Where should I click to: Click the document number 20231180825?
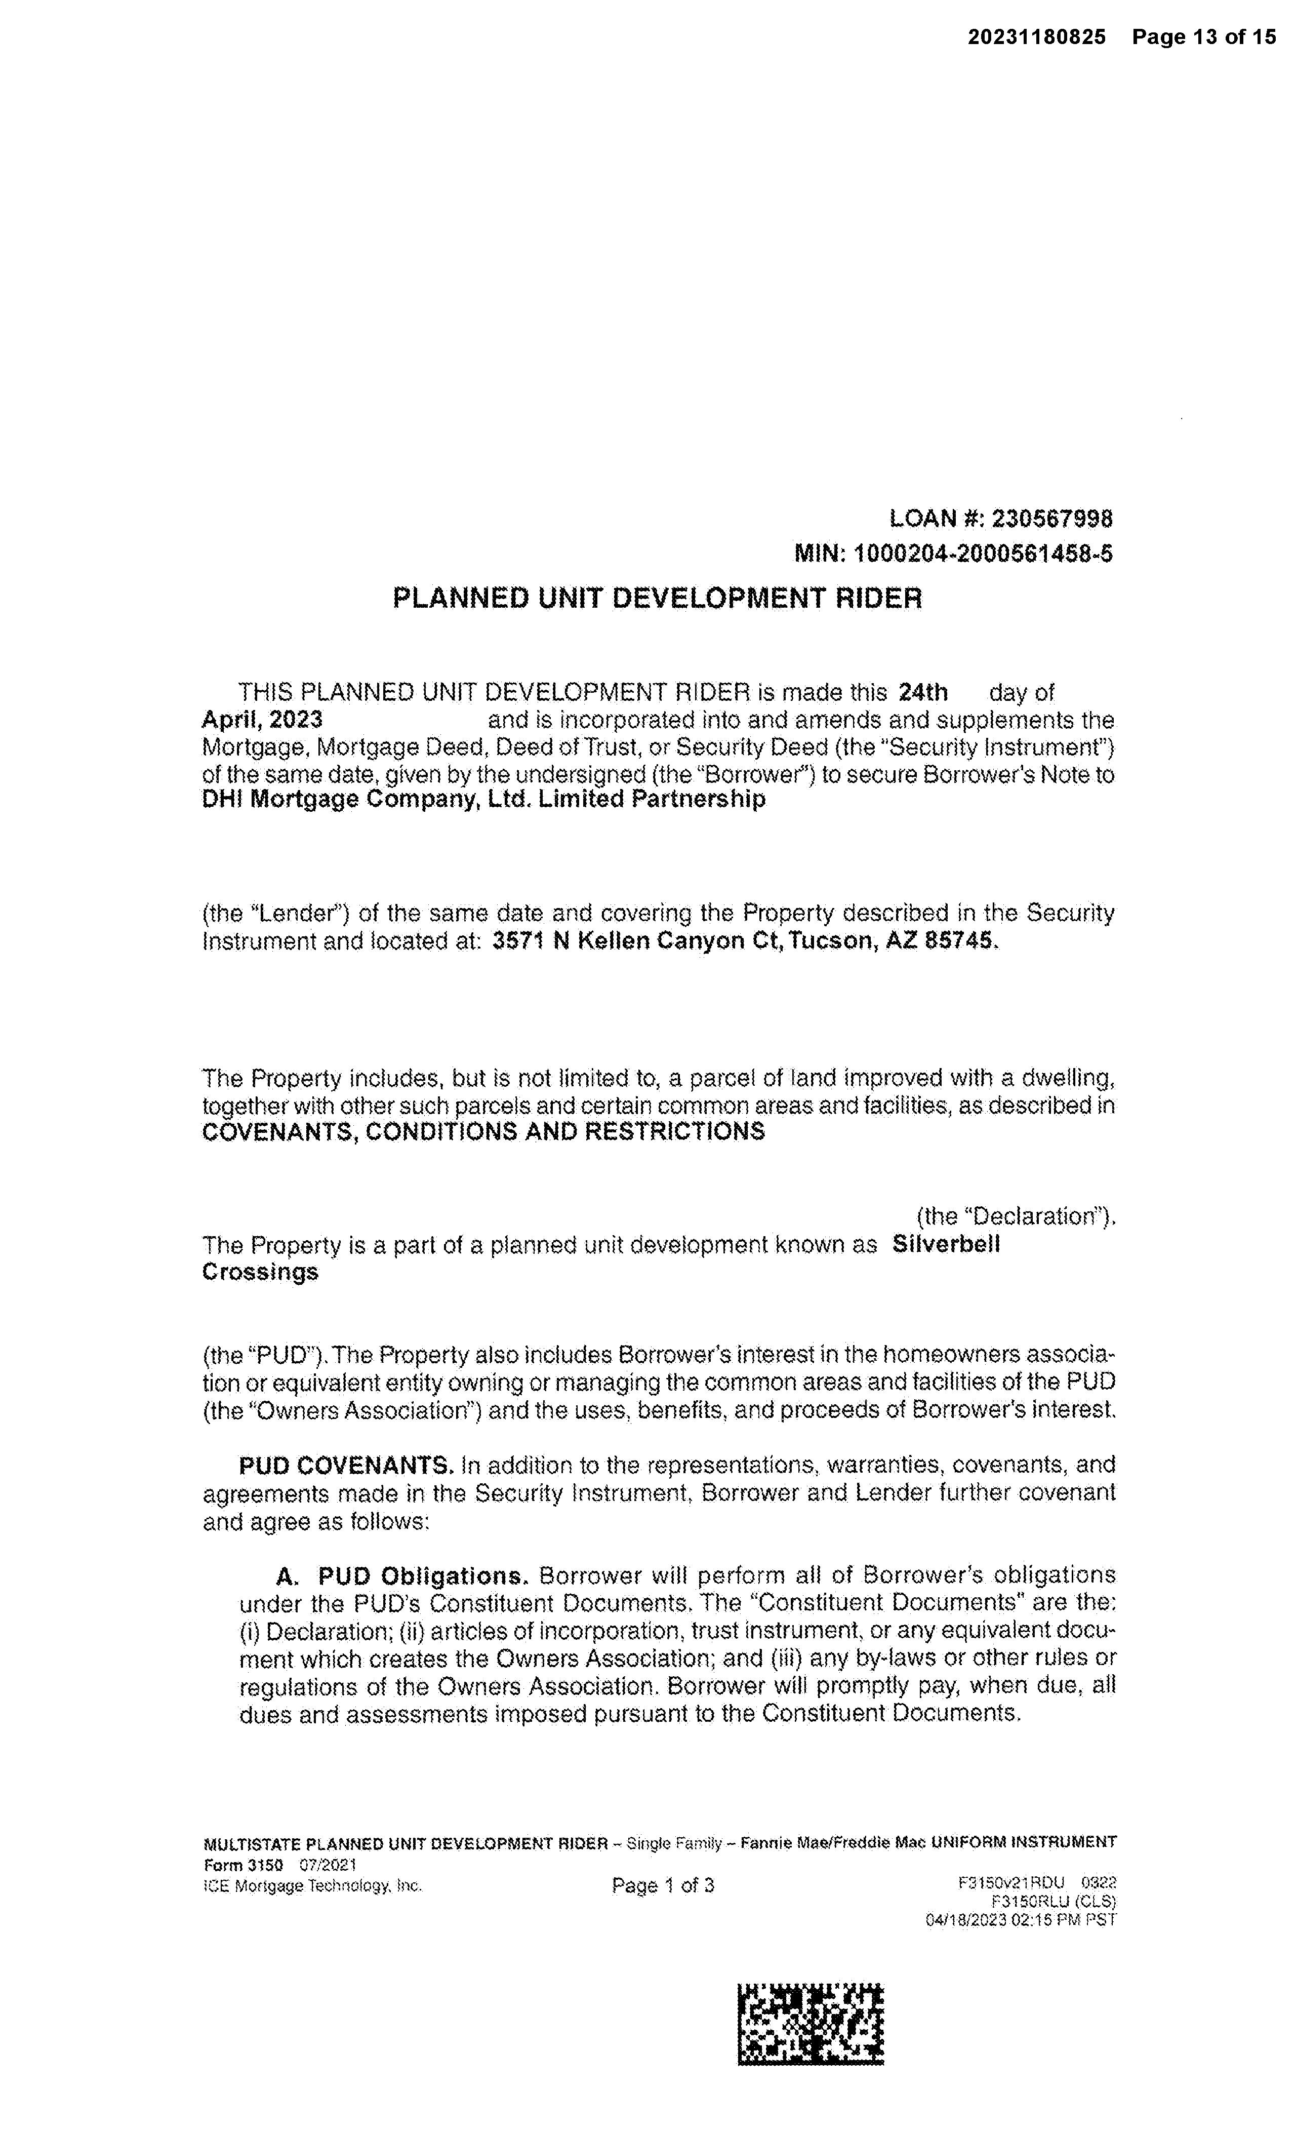[1036, 37]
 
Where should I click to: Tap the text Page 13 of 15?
[1203, 37]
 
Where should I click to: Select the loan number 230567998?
[1051, 519]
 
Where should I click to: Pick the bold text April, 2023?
[262, 720]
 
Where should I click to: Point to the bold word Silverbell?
[946, 1245]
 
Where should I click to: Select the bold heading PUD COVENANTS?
[346, 1465]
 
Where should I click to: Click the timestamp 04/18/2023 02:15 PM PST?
[1020, 1920]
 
